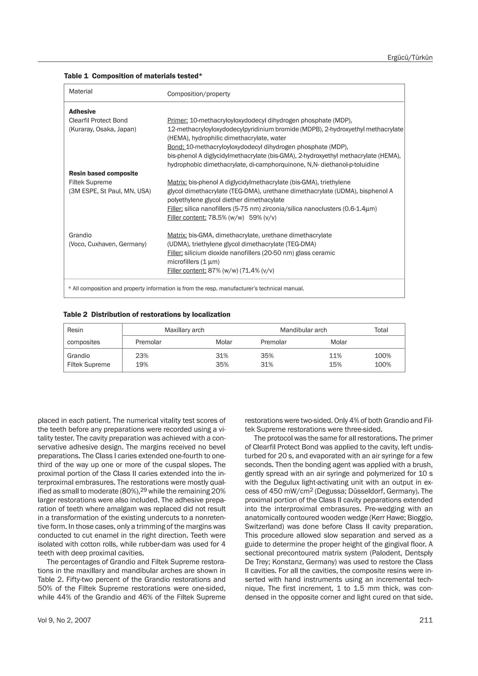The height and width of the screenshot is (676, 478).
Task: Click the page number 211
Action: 426,620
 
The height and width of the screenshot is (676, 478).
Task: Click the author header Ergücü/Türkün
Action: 410,57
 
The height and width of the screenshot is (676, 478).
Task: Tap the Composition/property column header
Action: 198,94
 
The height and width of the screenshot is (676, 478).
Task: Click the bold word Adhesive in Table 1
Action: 82,112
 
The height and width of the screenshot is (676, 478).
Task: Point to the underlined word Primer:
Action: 177,120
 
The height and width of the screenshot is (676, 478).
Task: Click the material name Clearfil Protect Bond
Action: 98,120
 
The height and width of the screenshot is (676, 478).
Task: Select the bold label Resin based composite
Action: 103,173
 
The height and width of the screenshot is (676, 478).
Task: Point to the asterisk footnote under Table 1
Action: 186,289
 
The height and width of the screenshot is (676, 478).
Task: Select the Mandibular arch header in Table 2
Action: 303,330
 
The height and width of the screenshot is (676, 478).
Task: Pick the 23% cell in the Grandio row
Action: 142,356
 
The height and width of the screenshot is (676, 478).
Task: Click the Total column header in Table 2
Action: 381,330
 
